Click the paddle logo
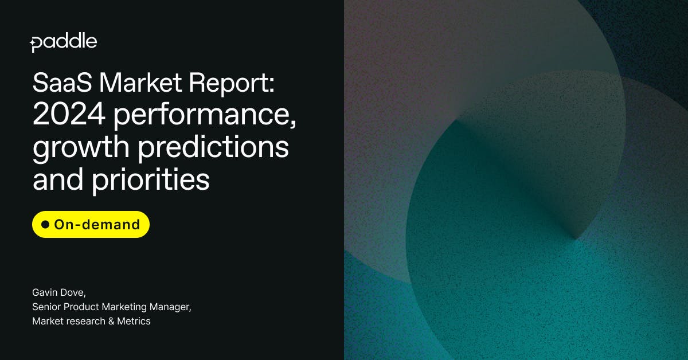tap(64, 43)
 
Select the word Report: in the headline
tap(232, 85)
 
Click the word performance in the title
tap(205, 117)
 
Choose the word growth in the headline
tap(81, 148)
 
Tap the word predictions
tap(213, 148)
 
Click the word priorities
tap(150, 181)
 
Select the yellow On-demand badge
tap(91, 224)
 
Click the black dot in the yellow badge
tap(45, 224)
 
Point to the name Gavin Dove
tap(59, 292)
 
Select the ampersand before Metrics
tap(111, 321)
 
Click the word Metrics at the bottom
tap(134, 321)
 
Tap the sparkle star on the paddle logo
tap(32, 44)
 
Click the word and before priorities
tap(58, 179)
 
